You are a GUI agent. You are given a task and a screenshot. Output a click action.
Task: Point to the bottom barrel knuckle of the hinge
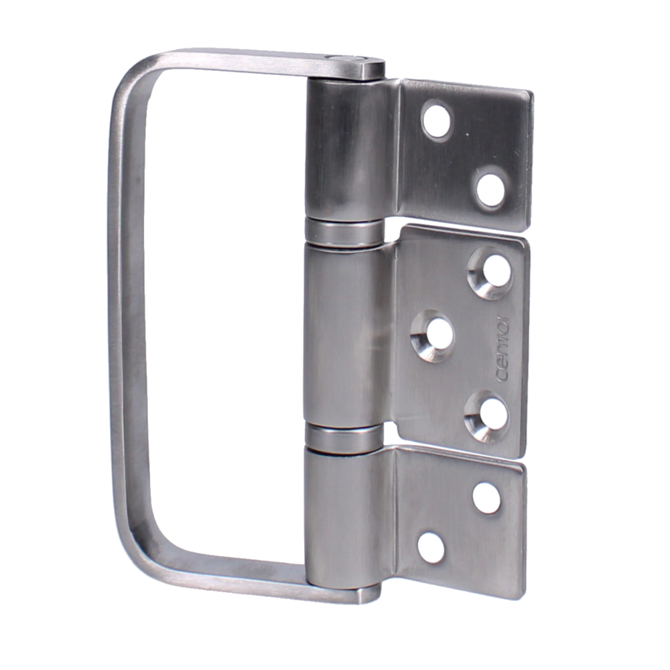(342, 513)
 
